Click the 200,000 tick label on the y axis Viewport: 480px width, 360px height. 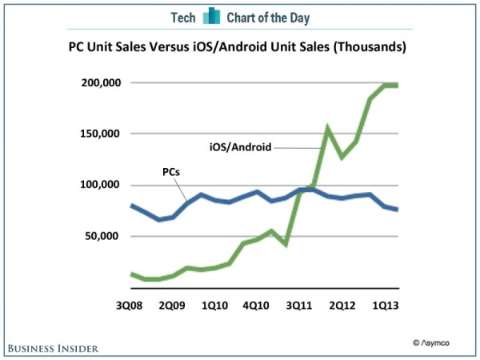[98, 82]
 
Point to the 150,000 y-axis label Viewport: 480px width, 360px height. [98, 134]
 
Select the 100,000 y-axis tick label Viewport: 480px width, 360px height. [98, 185]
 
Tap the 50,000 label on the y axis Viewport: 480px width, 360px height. [102, 236]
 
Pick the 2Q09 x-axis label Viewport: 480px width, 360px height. [171, 306]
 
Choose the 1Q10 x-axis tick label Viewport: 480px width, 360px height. [215, 306]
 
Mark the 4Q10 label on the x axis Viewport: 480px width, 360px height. [258, 306]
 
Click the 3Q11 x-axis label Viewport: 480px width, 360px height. [301, 306]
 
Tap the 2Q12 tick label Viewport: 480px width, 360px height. [343, 306]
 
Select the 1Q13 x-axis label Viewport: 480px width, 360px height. [386, 306]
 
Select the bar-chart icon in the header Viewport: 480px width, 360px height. [212, 17]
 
